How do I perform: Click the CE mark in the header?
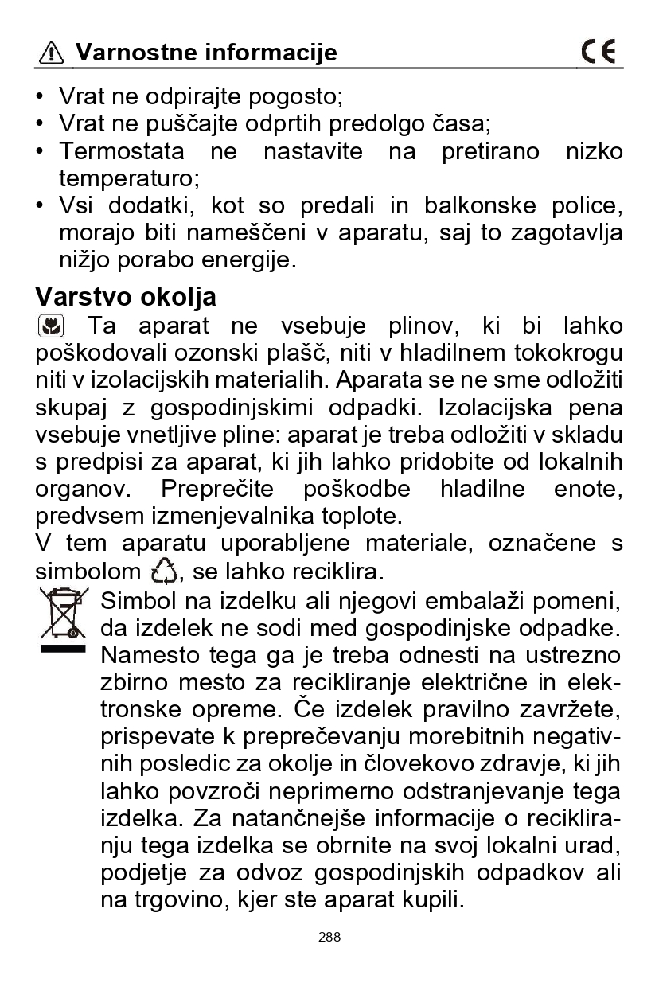(599, 53)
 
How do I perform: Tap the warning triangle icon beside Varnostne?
(52, 53)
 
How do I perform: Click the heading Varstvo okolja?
(126, 297)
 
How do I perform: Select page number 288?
(329, 937)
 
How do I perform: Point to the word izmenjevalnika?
(222, 516)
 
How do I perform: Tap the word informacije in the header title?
(271, 53)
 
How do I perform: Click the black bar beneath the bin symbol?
(64, 649)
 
